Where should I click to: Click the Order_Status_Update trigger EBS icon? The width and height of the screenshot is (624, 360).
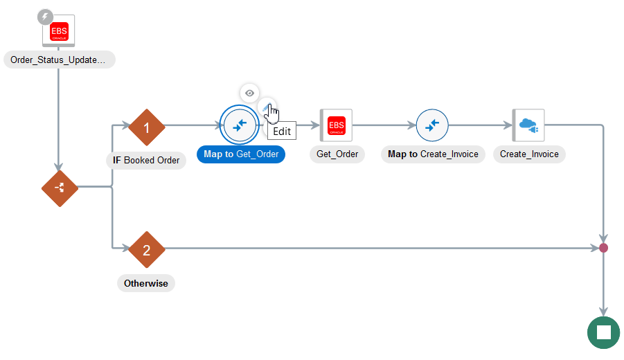tap(59, 31)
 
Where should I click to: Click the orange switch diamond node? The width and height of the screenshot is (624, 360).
tap(60, 188)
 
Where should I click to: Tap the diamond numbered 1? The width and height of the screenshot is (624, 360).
tap(146, 127)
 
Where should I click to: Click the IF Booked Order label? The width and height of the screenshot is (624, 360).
tap(146, 161)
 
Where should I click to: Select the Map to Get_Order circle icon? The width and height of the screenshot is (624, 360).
tap(240, 125)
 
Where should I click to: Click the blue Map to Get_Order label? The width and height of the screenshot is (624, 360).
tap(241, 154)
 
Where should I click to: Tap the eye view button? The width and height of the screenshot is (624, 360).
tap(249, 93)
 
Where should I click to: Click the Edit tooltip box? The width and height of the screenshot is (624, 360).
tap(282, 132)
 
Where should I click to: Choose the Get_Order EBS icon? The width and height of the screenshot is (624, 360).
tap(337, 125)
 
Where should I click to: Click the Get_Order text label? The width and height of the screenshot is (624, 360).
tap(337, 154)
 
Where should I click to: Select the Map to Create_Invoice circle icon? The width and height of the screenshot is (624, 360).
tap(432, 125)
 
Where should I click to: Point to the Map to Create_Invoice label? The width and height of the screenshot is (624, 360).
tap(433, 154)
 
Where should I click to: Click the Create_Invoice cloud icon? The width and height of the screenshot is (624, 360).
tap(528, 125)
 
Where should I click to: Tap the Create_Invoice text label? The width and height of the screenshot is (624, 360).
tap(529, 154)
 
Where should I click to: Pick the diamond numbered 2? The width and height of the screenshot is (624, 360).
tap(146, 250)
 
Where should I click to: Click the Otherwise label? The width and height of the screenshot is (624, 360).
tap(146, 283)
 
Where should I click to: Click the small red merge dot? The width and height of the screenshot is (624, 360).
tap(604, 248)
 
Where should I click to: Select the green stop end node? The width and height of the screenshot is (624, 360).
tap(604, 332)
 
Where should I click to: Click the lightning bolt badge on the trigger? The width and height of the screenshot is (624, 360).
tap(46, 17)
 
